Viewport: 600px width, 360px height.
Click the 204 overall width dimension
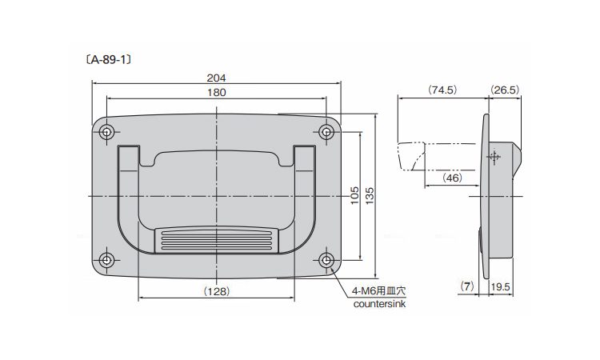pyautogui.click(x=216, y=78)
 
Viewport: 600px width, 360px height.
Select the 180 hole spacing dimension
pyautogui.click(x=217, y=93)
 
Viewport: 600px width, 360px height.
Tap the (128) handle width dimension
pyautogui.click(x=217, y=291)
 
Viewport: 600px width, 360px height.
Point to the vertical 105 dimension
pyautogui.click(x=354, y=195)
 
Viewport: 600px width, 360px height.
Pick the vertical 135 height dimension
pyautogui.click(x=370, y=195)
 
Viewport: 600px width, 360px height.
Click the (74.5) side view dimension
pyautogui.click(x=442, y=90)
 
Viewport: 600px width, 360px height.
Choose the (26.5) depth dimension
pyautogui.click(x=505, y=90)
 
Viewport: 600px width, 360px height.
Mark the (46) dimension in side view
pyautogui.click(x=452, y=178)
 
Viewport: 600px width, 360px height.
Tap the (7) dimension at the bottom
pyautogui.click(x=467, y=286)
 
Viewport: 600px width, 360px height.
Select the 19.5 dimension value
pyautogui.click(x=500, y=287)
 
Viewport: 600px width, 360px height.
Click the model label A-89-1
pyautogui.click(x=109, y=60)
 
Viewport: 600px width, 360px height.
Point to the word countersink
pyautogui.click(x=379, y=305)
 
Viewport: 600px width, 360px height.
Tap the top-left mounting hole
pyautogui.click(x=106, y=132)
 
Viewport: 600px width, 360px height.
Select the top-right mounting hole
pyautogui.click(x=326, y=132)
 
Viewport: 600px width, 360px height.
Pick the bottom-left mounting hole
pyautogui.click(x=106, y=260)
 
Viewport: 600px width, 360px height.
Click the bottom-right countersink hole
pyautogui.click(x=326, y=260)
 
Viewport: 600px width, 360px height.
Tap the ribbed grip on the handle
pyautogui.click(x=217, y=240)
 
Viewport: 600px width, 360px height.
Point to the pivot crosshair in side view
pyautogui.click(x=494, y=157)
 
